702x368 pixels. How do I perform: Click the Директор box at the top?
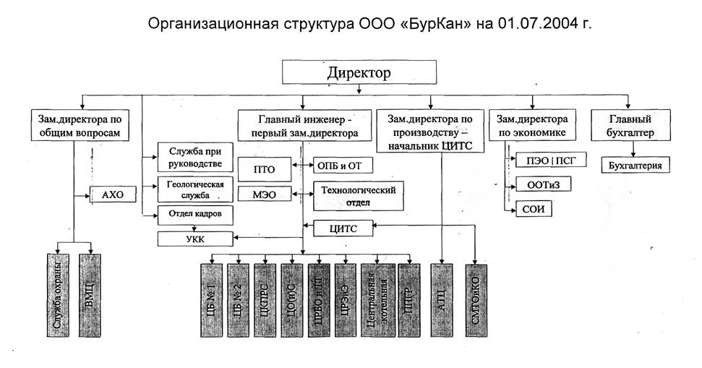tap(359, 73)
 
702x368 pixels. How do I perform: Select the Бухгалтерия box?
tap(634, 166)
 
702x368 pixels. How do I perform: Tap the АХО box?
tap(112, 194)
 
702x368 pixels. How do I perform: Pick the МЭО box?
tap(263, 194)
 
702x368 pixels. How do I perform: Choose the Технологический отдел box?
tap(358, 196)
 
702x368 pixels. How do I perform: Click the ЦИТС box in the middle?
tap(343, 228)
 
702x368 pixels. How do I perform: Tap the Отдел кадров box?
tap(196, 214)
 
